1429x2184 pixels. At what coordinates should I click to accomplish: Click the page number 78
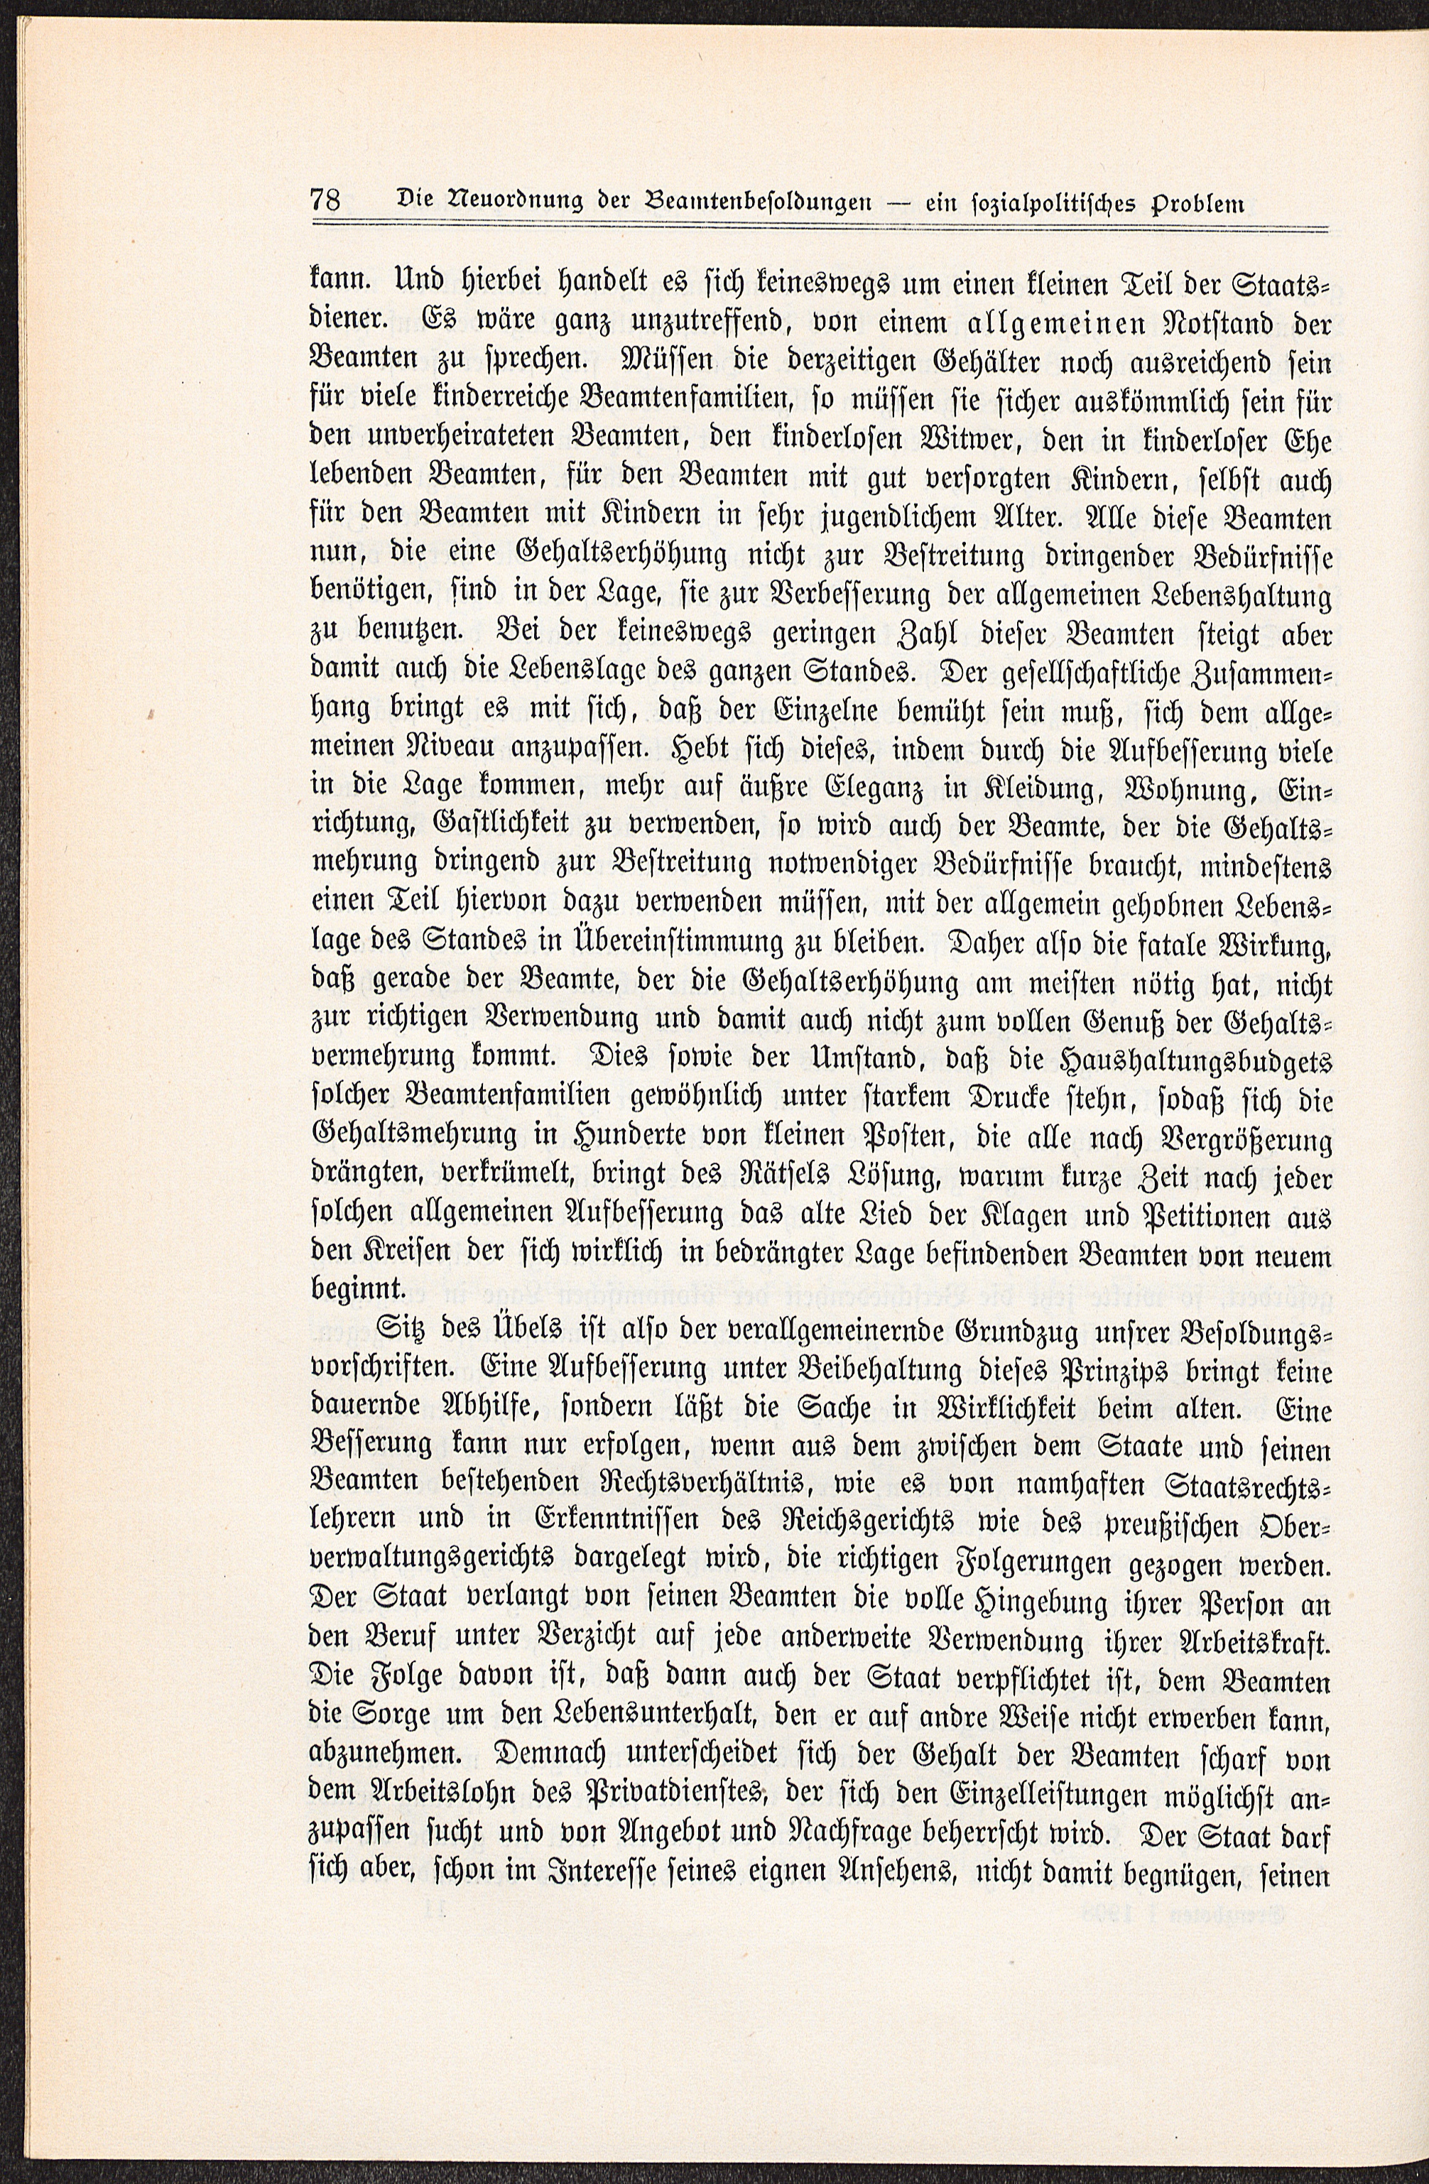coord(327,200)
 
